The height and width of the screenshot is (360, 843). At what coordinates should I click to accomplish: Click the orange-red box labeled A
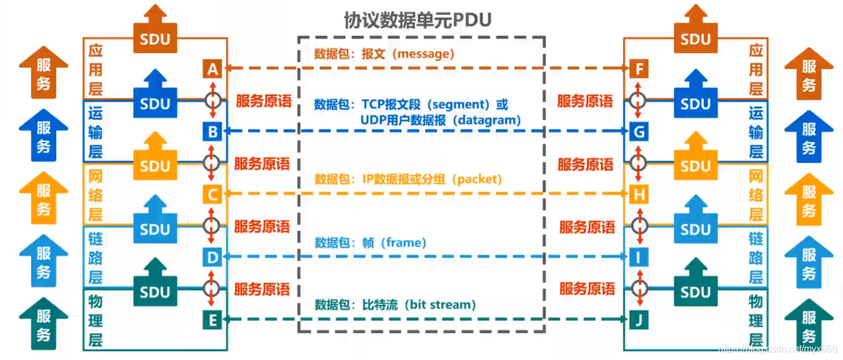pos(213,69)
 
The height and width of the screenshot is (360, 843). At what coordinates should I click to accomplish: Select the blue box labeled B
pos(213,131)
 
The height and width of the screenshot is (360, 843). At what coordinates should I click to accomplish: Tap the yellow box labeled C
pos(213,194)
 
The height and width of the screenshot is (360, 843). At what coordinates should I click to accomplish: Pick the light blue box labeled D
pos(213,257)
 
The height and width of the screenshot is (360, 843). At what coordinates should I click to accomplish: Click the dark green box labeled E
pos(213,320)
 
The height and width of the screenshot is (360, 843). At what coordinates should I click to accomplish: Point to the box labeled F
pos(639,69)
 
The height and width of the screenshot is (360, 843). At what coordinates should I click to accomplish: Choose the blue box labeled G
pos(639,131)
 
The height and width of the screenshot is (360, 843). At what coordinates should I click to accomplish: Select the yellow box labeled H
pos(639,194)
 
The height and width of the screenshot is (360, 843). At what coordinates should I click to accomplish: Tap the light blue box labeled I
pos(639,257)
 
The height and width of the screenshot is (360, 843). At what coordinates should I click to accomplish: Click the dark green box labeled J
pos(639,320)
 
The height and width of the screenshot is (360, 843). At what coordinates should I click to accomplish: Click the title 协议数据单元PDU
pos(418,20)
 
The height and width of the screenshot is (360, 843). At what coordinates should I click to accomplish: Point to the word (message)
pos(426,54)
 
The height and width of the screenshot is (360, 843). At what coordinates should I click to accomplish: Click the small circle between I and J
pos(639,288)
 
